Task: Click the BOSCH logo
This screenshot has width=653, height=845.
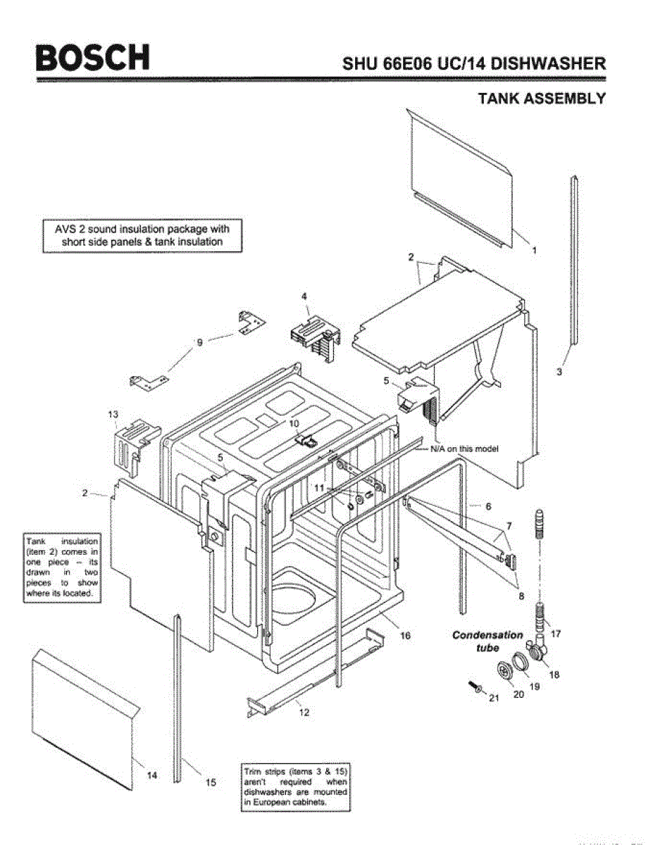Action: pyautogui.click(x=94, y=57)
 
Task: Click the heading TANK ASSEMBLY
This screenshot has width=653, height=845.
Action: pyautogui.click(x=541, y=99)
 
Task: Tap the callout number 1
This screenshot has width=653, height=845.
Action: pyautogui.click(x=534, y=250)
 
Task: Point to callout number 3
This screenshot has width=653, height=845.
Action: pyautogui.click(x=559, y=373)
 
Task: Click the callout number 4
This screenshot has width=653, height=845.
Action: pyautogui.click(x=304, y=297)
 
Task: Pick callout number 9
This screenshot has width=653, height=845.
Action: pyautogui.click(x=199, y=342)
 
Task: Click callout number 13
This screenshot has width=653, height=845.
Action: pyautogui.click(x=113, y=415)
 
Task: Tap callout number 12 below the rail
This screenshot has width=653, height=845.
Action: pyautogui.click(x=304, y=713)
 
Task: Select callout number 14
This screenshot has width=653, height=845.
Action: pyautogui.click(x=152, y=775)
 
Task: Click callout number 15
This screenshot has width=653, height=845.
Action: pyautogui.click(x=210, y=782)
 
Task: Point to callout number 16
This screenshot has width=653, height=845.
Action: pyautogui.click(x=406, y=636)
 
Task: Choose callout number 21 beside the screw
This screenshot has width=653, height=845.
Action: pyautogui.click(x=493, y=698)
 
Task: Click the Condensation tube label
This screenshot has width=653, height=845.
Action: pyautogui.click(x=487, y=641)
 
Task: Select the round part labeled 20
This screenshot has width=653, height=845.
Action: pyautogui.click(x=505, y=672)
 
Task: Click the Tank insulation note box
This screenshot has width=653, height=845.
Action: pyautogui.click(x=62, y=569)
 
